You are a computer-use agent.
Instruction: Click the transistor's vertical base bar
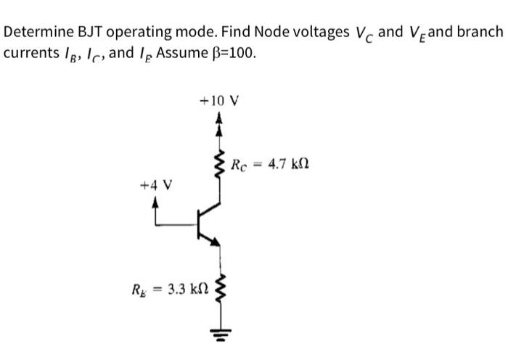[x=199, y=225]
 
